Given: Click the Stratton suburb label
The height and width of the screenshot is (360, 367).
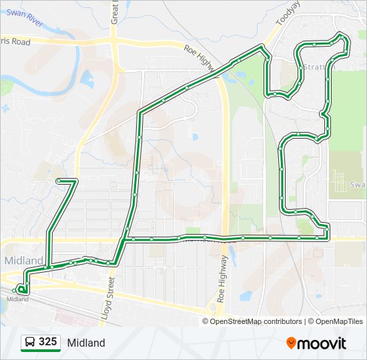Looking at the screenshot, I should click(x=314, y=67).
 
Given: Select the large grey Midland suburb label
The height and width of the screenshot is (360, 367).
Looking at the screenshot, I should click(x=23, y=260).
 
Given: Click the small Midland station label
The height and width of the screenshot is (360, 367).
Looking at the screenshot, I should click(x=17, y=299).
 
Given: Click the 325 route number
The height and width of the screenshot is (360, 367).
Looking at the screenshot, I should click(x=48, y=342).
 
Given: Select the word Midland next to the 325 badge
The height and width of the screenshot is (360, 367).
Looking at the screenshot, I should click(x=86, y=343).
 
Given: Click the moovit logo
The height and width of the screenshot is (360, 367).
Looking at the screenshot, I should click(x=316, y=343).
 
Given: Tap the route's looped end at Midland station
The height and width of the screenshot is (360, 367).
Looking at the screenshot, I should click(x=22, y=289).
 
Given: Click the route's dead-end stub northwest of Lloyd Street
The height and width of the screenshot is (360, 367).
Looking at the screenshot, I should click(x=59, y=181).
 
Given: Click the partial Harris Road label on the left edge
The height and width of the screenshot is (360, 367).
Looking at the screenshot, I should click(x=15, y=41).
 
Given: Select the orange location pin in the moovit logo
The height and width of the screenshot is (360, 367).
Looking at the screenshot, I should click(x=291, y=343).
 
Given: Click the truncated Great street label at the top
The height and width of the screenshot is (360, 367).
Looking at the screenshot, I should click(x=115, y=12).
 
